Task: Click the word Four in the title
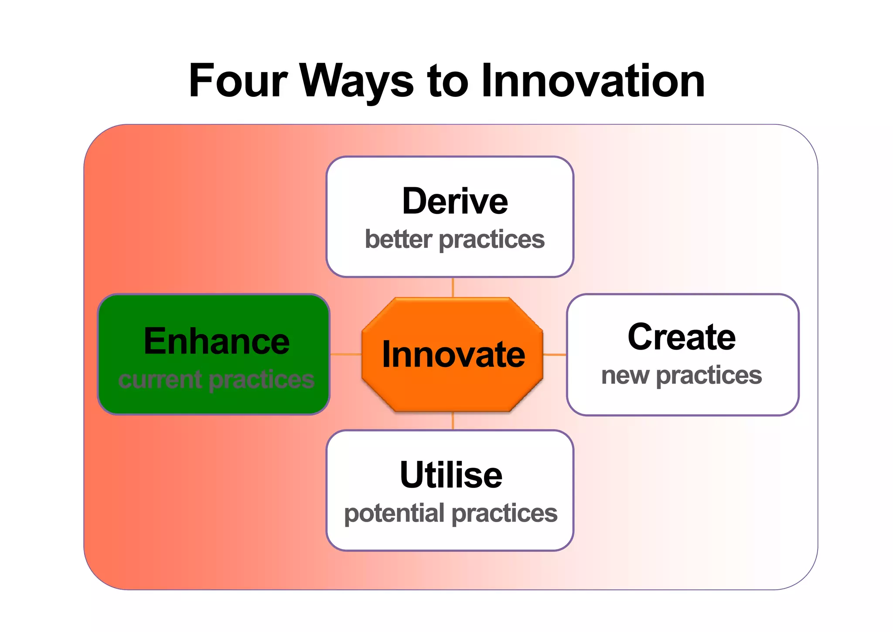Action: pyautogui.click(x=238, y=81)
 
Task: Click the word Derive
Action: pyautogui.click(x=455, y=201)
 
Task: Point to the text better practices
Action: pyautogui.click(x=455, y=239)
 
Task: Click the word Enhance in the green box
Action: pyautogui.click(x=217, y=341)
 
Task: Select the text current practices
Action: pyautogui.click(x=216, y=379)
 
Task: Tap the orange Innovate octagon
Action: pyautogui.click(x=453, y=354)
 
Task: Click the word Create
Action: pyautogui.click(x=682, y=337)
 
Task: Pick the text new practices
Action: pyautogui.click(x=682, y=375)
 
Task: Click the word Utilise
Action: pyautogui.click(x=451, y=475)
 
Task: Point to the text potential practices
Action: pyautogui.click(x=451, y=513)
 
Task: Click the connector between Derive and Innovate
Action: pyautogui.click(x=453, y=288)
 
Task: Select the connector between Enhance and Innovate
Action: pyautogui.click(x=346, y=354)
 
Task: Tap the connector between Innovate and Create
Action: pyautogui.click(x=555, y=354)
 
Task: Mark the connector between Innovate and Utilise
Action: pyautogui.click(x=453, y=421)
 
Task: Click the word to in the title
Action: pyautogui.click(x=447, y=81)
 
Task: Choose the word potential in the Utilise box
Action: pyautogui.click(x=391, y=514)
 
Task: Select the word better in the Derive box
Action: pyautogui.click(x=399, y=239)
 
